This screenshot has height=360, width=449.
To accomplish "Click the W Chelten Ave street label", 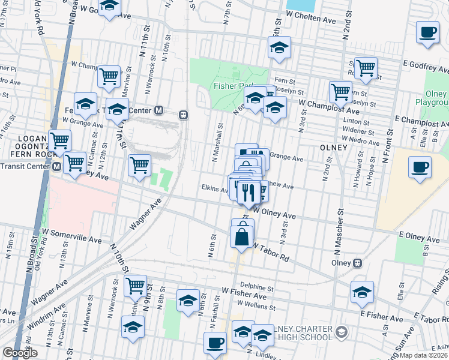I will click(x=310, y=20).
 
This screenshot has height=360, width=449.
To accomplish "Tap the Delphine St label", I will click(x=253, y=286).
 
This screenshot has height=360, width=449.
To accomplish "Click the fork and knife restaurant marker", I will click(x=248, y=191).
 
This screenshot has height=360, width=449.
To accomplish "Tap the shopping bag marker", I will click(x=241, y=236).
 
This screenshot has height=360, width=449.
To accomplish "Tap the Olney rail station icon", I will click(x=358, y=263).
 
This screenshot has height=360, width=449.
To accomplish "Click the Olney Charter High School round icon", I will click(x=342, y=332).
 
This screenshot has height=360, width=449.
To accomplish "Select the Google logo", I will click(x=20, y=353).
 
